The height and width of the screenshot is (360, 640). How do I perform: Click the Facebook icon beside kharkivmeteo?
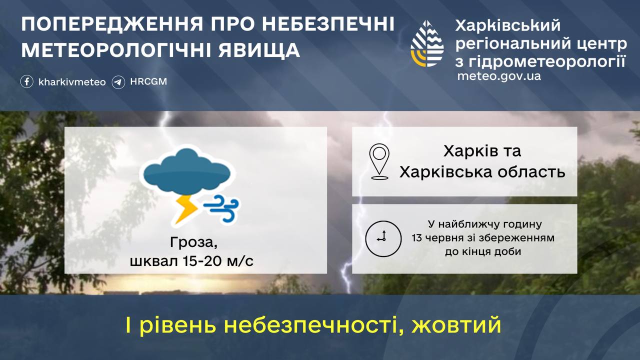tap(27, 81)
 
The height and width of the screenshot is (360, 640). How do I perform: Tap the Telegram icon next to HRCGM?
tap(118, 82)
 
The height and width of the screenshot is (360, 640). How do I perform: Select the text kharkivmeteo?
tap(72, 82)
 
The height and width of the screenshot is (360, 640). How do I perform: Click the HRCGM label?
tap(148, 81)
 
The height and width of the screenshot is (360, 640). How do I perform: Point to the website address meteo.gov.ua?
tap(499, 76)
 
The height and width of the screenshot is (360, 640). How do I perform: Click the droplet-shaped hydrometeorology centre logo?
tap(427, 43)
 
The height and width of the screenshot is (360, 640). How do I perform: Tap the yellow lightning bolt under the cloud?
tap(185, 209)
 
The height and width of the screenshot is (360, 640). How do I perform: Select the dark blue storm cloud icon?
tap(187, 171)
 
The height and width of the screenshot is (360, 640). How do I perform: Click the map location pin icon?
tap(379, 161)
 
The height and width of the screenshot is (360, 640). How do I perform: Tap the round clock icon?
tap(383, 238)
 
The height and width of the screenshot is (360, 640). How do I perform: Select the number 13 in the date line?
tap(417, 237)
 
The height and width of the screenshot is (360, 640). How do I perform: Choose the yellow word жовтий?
tap(456, 325)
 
